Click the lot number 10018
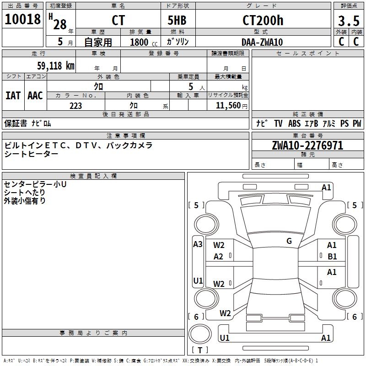click(22, 20)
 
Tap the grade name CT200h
click(263, 21)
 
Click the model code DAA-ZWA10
click(262, 42)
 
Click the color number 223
click(75, 106)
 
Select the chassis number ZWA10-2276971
click(307, 145)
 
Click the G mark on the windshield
click(289, 241)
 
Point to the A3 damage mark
click(198, 244)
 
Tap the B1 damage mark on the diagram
click(332, 257)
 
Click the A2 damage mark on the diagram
click(219, 257)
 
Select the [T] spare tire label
click(200, 350)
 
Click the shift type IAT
click(13, 96)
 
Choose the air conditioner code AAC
click(35, 96)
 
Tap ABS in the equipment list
click(295, 124)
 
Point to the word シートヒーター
click(32, 154)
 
